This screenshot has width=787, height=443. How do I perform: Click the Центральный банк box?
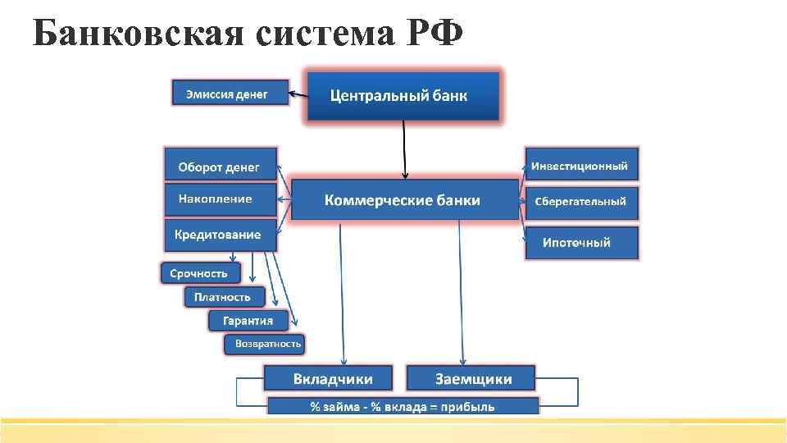tap(403, 96)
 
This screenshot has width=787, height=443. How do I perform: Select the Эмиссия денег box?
tap(230, 93)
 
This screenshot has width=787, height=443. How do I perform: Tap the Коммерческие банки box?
tap(405, 199)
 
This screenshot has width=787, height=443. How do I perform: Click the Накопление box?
tap(221, 199)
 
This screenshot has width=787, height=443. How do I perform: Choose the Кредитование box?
tap(221, 235)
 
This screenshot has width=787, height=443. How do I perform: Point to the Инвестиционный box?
tap(581, 165)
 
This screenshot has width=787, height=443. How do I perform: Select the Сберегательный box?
tap(581, 202)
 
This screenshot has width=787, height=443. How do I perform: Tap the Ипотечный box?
tap(581, 243)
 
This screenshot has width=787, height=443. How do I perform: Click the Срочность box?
tap(200, 272)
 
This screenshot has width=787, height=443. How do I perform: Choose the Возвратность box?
tap(264, 343)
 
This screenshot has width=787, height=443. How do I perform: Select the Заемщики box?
tap(471, 378)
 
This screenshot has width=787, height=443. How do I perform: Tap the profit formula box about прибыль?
tap(403, 406)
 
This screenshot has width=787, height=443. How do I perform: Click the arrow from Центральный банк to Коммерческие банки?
tap(404, 148)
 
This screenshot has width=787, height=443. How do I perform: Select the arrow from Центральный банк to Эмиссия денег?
tap(298, 94)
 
